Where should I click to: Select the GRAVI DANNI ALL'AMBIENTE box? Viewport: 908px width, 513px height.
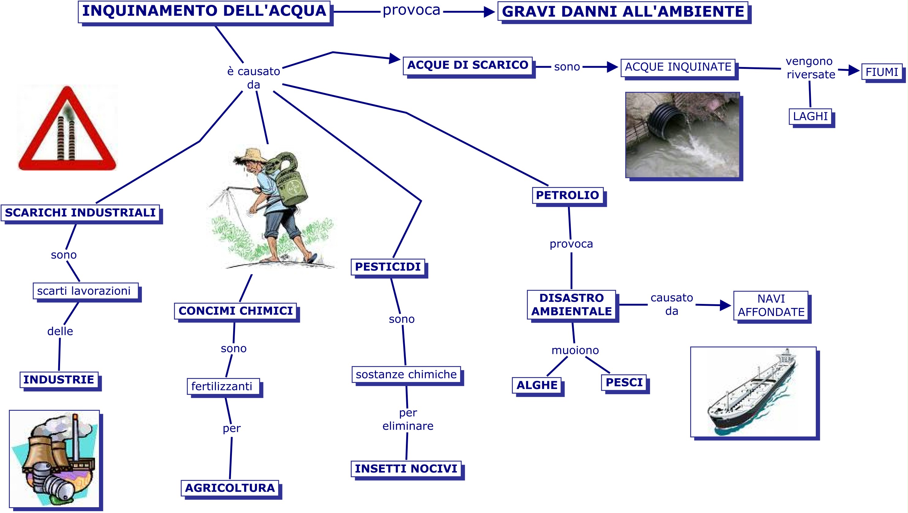point(623,12)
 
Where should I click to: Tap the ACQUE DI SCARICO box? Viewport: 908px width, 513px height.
point(467,65)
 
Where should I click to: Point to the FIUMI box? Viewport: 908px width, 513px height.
point(882,72)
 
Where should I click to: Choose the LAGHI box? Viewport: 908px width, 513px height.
point(810,116)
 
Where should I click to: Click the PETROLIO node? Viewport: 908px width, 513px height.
point(567,195)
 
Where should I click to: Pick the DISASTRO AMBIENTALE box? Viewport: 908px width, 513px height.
point(571,305)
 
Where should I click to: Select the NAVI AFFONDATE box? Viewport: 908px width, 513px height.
point(771,305)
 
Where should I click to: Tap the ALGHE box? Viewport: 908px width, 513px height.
point(537,385)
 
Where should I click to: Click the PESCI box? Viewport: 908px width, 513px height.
point(624,382)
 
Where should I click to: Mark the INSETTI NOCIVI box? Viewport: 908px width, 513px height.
point(406,469)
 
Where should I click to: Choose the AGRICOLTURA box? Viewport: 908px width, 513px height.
point(230,488)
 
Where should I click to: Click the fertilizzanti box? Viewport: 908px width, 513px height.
point(222,387)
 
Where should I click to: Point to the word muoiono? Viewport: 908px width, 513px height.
point(575,350)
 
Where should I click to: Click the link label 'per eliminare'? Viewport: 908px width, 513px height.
point(408,419)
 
